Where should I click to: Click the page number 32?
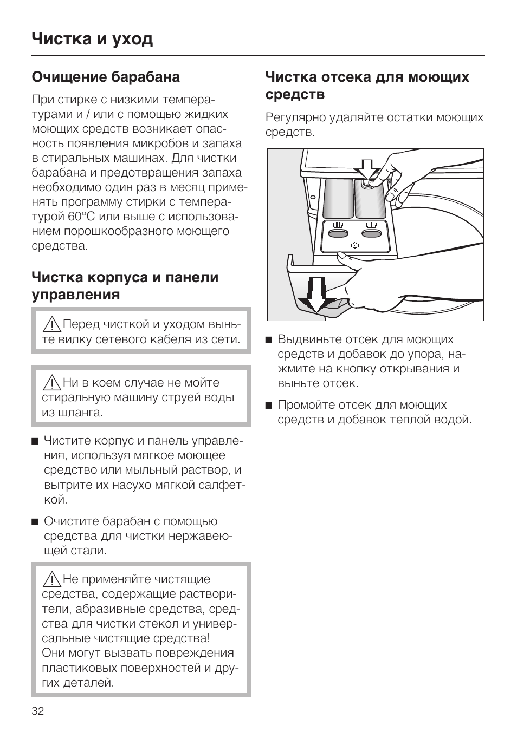click(x=38, y=711)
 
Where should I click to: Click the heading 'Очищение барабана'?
click(x=106, y=77)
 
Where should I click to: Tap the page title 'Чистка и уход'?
click(x=92, y=39)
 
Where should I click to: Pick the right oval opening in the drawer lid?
click(x=372, y=233)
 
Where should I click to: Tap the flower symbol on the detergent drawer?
click(x=355, y=245)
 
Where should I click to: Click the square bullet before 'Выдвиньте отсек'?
click(x=268, y=341)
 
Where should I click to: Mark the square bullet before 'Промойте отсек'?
click(x=268, y=406)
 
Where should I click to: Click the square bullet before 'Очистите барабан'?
click(x=35, y=522)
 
